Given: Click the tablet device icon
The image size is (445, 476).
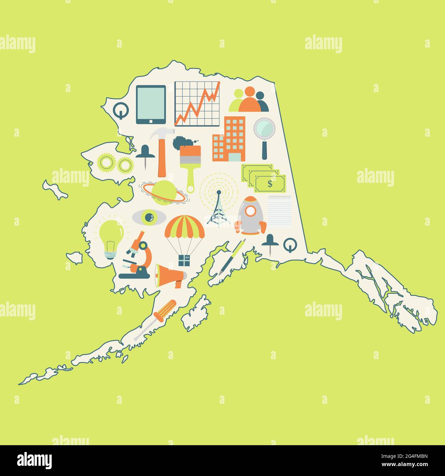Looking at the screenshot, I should point(151,104).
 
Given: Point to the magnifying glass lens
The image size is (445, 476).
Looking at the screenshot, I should point(264,128).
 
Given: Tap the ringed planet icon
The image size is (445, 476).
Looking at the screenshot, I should point(164,192).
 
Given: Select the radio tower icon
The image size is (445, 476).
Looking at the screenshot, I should point(217,207).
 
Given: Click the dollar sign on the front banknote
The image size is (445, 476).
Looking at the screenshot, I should point(270,184).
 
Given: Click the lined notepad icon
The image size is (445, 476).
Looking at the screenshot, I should point(279,212).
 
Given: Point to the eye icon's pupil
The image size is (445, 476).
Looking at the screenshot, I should point(149,217).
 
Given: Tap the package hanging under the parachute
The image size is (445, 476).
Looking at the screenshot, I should point(184,261).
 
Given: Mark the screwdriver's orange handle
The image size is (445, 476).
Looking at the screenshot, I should point(165,309).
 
